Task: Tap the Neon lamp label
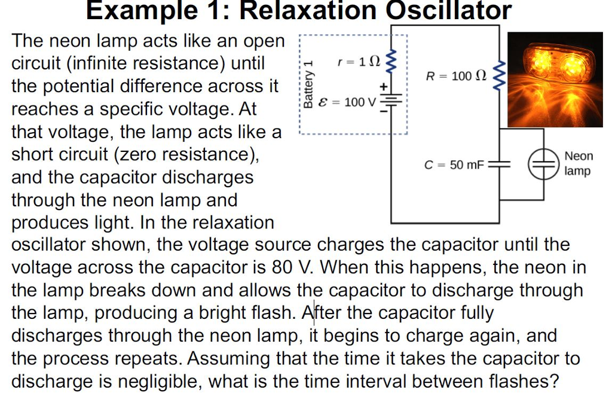pos(579,163)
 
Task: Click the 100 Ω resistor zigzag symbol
pos(500,74)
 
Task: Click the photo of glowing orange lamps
pos(555,79)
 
